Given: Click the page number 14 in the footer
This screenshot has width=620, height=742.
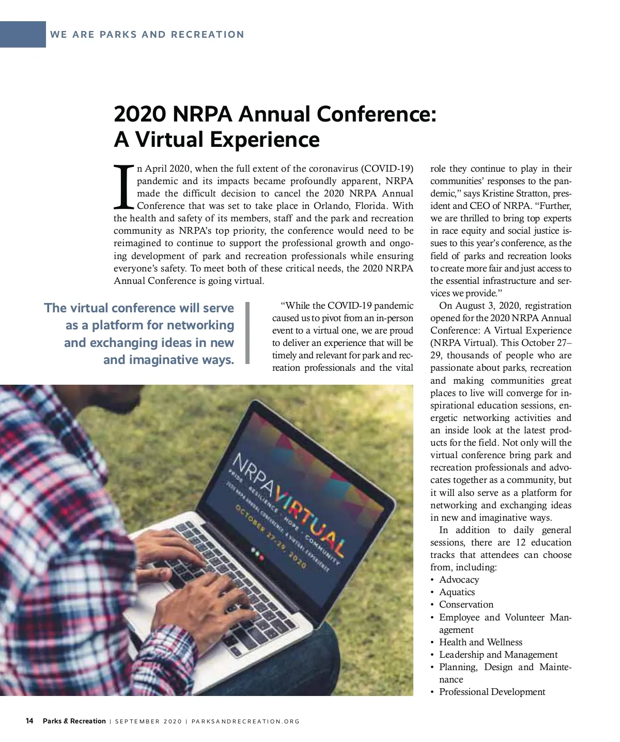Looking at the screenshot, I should [x=29, y=721].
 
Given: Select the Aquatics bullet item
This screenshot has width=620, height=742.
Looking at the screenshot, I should [x=457, y=592].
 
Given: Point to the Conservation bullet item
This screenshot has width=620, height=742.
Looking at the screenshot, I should [x=466, y=604].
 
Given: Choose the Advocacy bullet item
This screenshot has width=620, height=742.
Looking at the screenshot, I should [x=459, y=580].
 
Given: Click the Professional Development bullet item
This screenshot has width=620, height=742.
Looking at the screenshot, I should [x=492, y=692].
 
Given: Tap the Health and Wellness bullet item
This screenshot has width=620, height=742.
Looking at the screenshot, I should [x=481, y=642].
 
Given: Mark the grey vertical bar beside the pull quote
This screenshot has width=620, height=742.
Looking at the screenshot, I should [x=247, y=333].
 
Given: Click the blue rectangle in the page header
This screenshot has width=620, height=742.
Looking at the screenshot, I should [x=23, y=35].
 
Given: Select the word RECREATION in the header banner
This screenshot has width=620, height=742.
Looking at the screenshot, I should [x=208, y=35].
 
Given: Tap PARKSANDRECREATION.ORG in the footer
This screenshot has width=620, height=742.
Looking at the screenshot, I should [x=245, y=721].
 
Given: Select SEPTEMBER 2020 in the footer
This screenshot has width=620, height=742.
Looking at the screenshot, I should [x=148, y=721].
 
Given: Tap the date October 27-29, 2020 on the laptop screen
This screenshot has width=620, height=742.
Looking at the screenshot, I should [x=271, y=538].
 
